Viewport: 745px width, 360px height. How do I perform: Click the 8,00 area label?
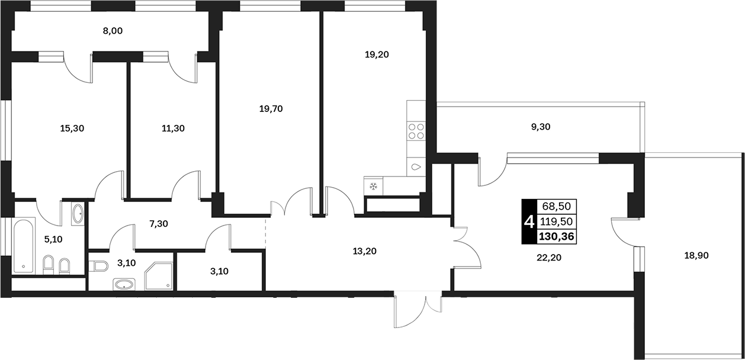(113, 31)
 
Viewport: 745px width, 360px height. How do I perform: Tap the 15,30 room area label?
(72, 128)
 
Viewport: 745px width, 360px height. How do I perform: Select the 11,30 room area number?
(173, 128)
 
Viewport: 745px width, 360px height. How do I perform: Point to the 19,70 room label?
(271, 109)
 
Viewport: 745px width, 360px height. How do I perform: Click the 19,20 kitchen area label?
(377, 54)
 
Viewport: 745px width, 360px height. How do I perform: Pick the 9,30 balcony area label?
(541, 127)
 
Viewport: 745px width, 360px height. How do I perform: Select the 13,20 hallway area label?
(365, 251)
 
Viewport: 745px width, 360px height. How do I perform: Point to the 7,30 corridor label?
(159, 224)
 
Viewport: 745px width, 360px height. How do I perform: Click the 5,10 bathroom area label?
(53, 239)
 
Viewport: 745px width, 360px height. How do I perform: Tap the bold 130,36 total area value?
(557, 236)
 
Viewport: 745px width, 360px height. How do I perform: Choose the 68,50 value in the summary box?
(557, 207)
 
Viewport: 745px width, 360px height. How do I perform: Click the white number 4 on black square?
(529, 221)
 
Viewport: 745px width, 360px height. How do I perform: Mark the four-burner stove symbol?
(416, 131)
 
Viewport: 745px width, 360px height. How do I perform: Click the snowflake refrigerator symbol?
(374, 187)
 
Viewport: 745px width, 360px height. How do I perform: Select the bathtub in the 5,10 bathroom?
(24, 245)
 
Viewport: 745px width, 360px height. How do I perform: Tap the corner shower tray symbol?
(159, 276)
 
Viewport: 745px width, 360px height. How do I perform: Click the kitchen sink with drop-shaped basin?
(416, 166)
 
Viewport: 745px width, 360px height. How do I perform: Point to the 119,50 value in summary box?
(557, 221)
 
